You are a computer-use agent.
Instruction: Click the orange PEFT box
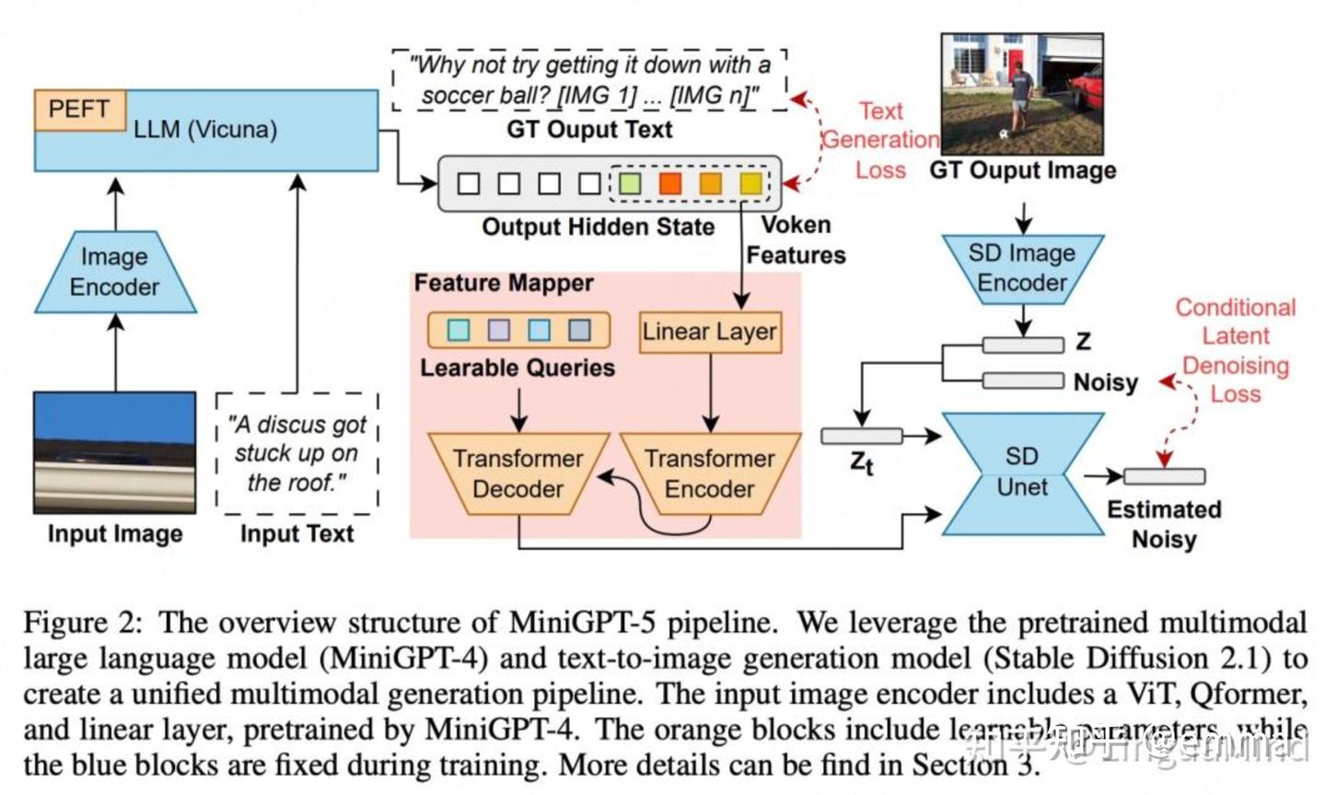coord(79,110)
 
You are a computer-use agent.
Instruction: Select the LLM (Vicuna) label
coord(205,130)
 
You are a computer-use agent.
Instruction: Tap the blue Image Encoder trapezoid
coord(115,272)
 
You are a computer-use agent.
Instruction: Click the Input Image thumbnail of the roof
coord(115,451)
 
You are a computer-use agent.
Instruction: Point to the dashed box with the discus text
coord(297,453)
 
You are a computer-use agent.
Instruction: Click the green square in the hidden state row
coord(630,183)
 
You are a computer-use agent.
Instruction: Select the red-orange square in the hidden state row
coord(670,183)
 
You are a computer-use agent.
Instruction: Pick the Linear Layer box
coord(710,333)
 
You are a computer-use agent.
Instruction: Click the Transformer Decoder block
coord(518,473)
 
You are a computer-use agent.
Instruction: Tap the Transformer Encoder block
coord(710,473)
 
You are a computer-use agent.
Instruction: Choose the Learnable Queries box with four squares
coord(518,330)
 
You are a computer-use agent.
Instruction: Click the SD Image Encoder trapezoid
coord(1022,268)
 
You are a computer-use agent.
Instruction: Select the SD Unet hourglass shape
coord(1022,473)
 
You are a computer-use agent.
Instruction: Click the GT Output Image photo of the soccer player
coord(1022,94)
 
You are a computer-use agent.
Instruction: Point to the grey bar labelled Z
coord(1022,345)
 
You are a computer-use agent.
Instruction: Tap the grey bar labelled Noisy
coord(1022,380)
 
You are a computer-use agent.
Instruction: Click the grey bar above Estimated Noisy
coord(1164,476)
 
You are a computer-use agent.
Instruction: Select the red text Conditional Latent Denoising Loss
coord(1235,351)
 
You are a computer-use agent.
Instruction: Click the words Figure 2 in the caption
coord(82,624)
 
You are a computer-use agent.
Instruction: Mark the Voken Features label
coord(796,240)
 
